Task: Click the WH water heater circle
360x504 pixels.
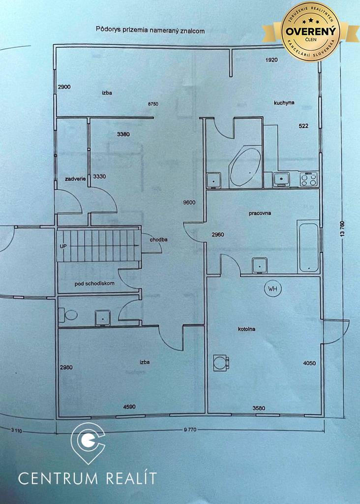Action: pos(273,288)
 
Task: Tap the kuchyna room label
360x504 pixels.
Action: pos(284,103)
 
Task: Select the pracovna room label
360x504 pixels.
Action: pos(260,213)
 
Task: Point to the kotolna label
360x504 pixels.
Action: pos(246,329)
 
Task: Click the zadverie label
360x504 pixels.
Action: pos(75,179)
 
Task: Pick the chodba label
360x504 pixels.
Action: pos(159,240)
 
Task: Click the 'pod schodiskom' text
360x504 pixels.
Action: pos(94,283)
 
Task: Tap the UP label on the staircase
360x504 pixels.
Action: pos(63,246)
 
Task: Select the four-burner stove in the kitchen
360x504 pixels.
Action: pos(309,179)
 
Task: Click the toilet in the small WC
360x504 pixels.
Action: pos(68,315)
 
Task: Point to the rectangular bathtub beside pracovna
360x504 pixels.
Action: pos(308,246)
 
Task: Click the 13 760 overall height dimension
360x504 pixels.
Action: pos(342,229)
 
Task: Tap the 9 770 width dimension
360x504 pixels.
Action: pos(190,429)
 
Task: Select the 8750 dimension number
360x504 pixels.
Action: pos(153,104)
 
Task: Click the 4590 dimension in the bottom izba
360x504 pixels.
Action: pos(129,407)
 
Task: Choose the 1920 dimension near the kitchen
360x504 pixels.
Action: pos(271,60)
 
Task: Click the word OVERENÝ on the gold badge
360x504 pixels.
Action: pos(310,31)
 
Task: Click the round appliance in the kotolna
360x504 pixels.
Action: pos(221,363)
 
